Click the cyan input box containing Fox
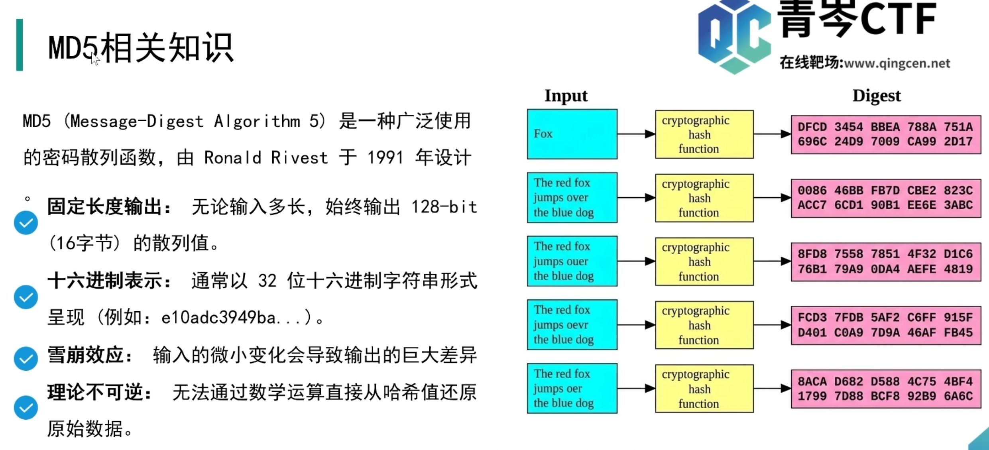[x=572, y=134]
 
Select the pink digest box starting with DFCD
[x=886, y=134]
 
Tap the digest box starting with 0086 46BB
[x=886, y=198]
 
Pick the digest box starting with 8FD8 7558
[x=886, y=261]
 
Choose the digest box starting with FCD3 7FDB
[x=886, y=325]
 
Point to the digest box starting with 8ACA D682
[x=886, y=389]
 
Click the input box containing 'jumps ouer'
[x=572, y=261]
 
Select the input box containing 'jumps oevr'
[x=572, y=324]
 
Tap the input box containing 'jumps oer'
[x=572, y=388]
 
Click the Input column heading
[x=566, y=96]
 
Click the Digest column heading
[x=876, y=96]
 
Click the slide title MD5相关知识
[x=140, y=48]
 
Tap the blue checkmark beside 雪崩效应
[x=26, y=358]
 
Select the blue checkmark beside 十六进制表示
[x=26, y=297]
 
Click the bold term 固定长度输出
[x=108, y=207]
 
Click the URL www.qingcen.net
[x=897, y=63]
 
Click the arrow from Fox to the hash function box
[x=636, y=134]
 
